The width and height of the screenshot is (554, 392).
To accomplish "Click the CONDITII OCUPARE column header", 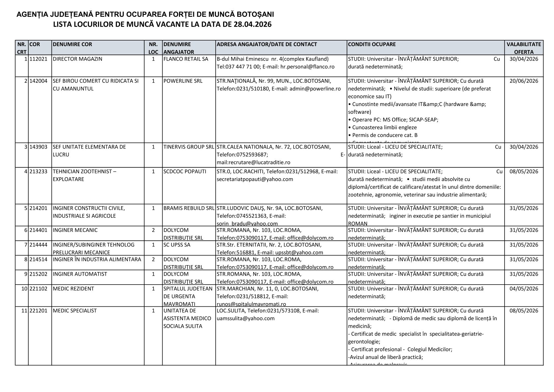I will point(372,44).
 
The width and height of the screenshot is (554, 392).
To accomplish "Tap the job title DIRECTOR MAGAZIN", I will point(77,59).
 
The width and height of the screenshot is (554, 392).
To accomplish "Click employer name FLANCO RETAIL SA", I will point(186,59).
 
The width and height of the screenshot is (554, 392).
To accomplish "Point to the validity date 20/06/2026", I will point(524,81).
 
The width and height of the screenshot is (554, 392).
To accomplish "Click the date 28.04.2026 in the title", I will point(253,25).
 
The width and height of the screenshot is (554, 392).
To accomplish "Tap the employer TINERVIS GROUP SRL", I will point(189,147).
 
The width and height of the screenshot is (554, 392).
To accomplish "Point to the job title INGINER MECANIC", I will point(75,230).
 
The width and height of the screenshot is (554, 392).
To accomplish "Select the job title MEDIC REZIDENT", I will point(73,289).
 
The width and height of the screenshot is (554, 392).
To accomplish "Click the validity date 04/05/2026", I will point(524,289).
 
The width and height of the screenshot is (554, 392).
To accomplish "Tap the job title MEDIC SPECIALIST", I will point(74,311).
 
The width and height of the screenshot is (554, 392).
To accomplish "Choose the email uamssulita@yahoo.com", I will point(246,319).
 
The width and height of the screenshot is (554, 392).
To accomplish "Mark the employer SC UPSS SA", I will point(177,245).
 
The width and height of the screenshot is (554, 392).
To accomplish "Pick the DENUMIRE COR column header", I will point(72,44).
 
